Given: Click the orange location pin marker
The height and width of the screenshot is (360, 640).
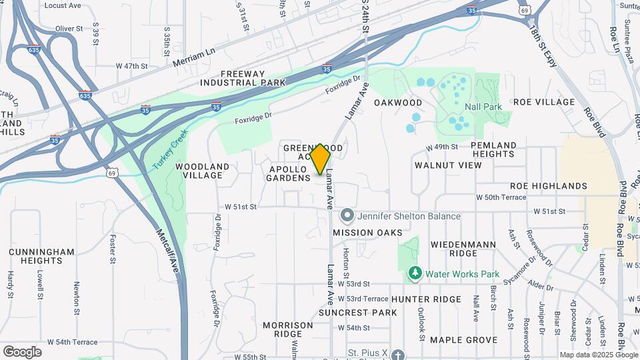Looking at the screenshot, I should coord(321,159).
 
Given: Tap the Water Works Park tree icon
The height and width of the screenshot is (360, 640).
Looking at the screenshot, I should coord(415,273).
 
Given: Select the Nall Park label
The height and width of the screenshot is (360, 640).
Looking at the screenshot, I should coord(483,107).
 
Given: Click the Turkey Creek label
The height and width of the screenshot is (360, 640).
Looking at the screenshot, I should coord(166,147).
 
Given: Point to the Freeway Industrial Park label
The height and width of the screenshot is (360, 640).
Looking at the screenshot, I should coord(243,78).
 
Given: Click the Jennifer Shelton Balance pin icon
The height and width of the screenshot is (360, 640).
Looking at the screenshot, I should coord(347,216).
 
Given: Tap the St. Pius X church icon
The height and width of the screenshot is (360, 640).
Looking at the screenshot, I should coord(398,355).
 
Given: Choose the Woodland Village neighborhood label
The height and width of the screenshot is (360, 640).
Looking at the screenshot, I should coord(203,171).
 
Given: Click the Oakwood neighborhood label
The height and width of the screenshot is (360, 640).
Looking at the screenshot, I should coord(398,103).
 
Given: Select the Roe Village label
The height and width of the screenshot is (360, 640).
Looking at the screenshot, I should coord(544,102).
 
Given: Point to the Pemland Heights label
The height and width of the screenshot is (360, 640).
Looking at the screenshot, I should coord(493,149).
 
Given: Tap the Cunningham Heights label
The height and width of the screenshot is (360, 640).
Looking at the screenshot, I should coord(41,257).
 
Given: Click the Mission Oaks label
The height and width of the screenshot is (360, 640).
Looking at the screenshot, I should coord(367,233).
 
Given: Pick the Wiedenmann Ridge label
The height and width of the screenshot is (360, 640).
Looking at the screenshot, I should coord(463,249).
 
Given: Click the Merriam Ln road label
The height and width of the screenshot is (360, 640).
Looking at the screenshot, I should coord(194,59).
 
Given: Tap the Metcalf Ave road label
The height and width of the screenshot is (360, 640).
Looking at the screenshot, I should coord(168,251).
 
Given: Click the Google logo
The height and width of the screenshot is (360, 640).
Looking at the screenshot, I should coord(22,351).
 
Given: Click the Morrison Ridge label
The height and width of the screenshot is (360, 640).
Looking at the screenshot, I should coord(287,329).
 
